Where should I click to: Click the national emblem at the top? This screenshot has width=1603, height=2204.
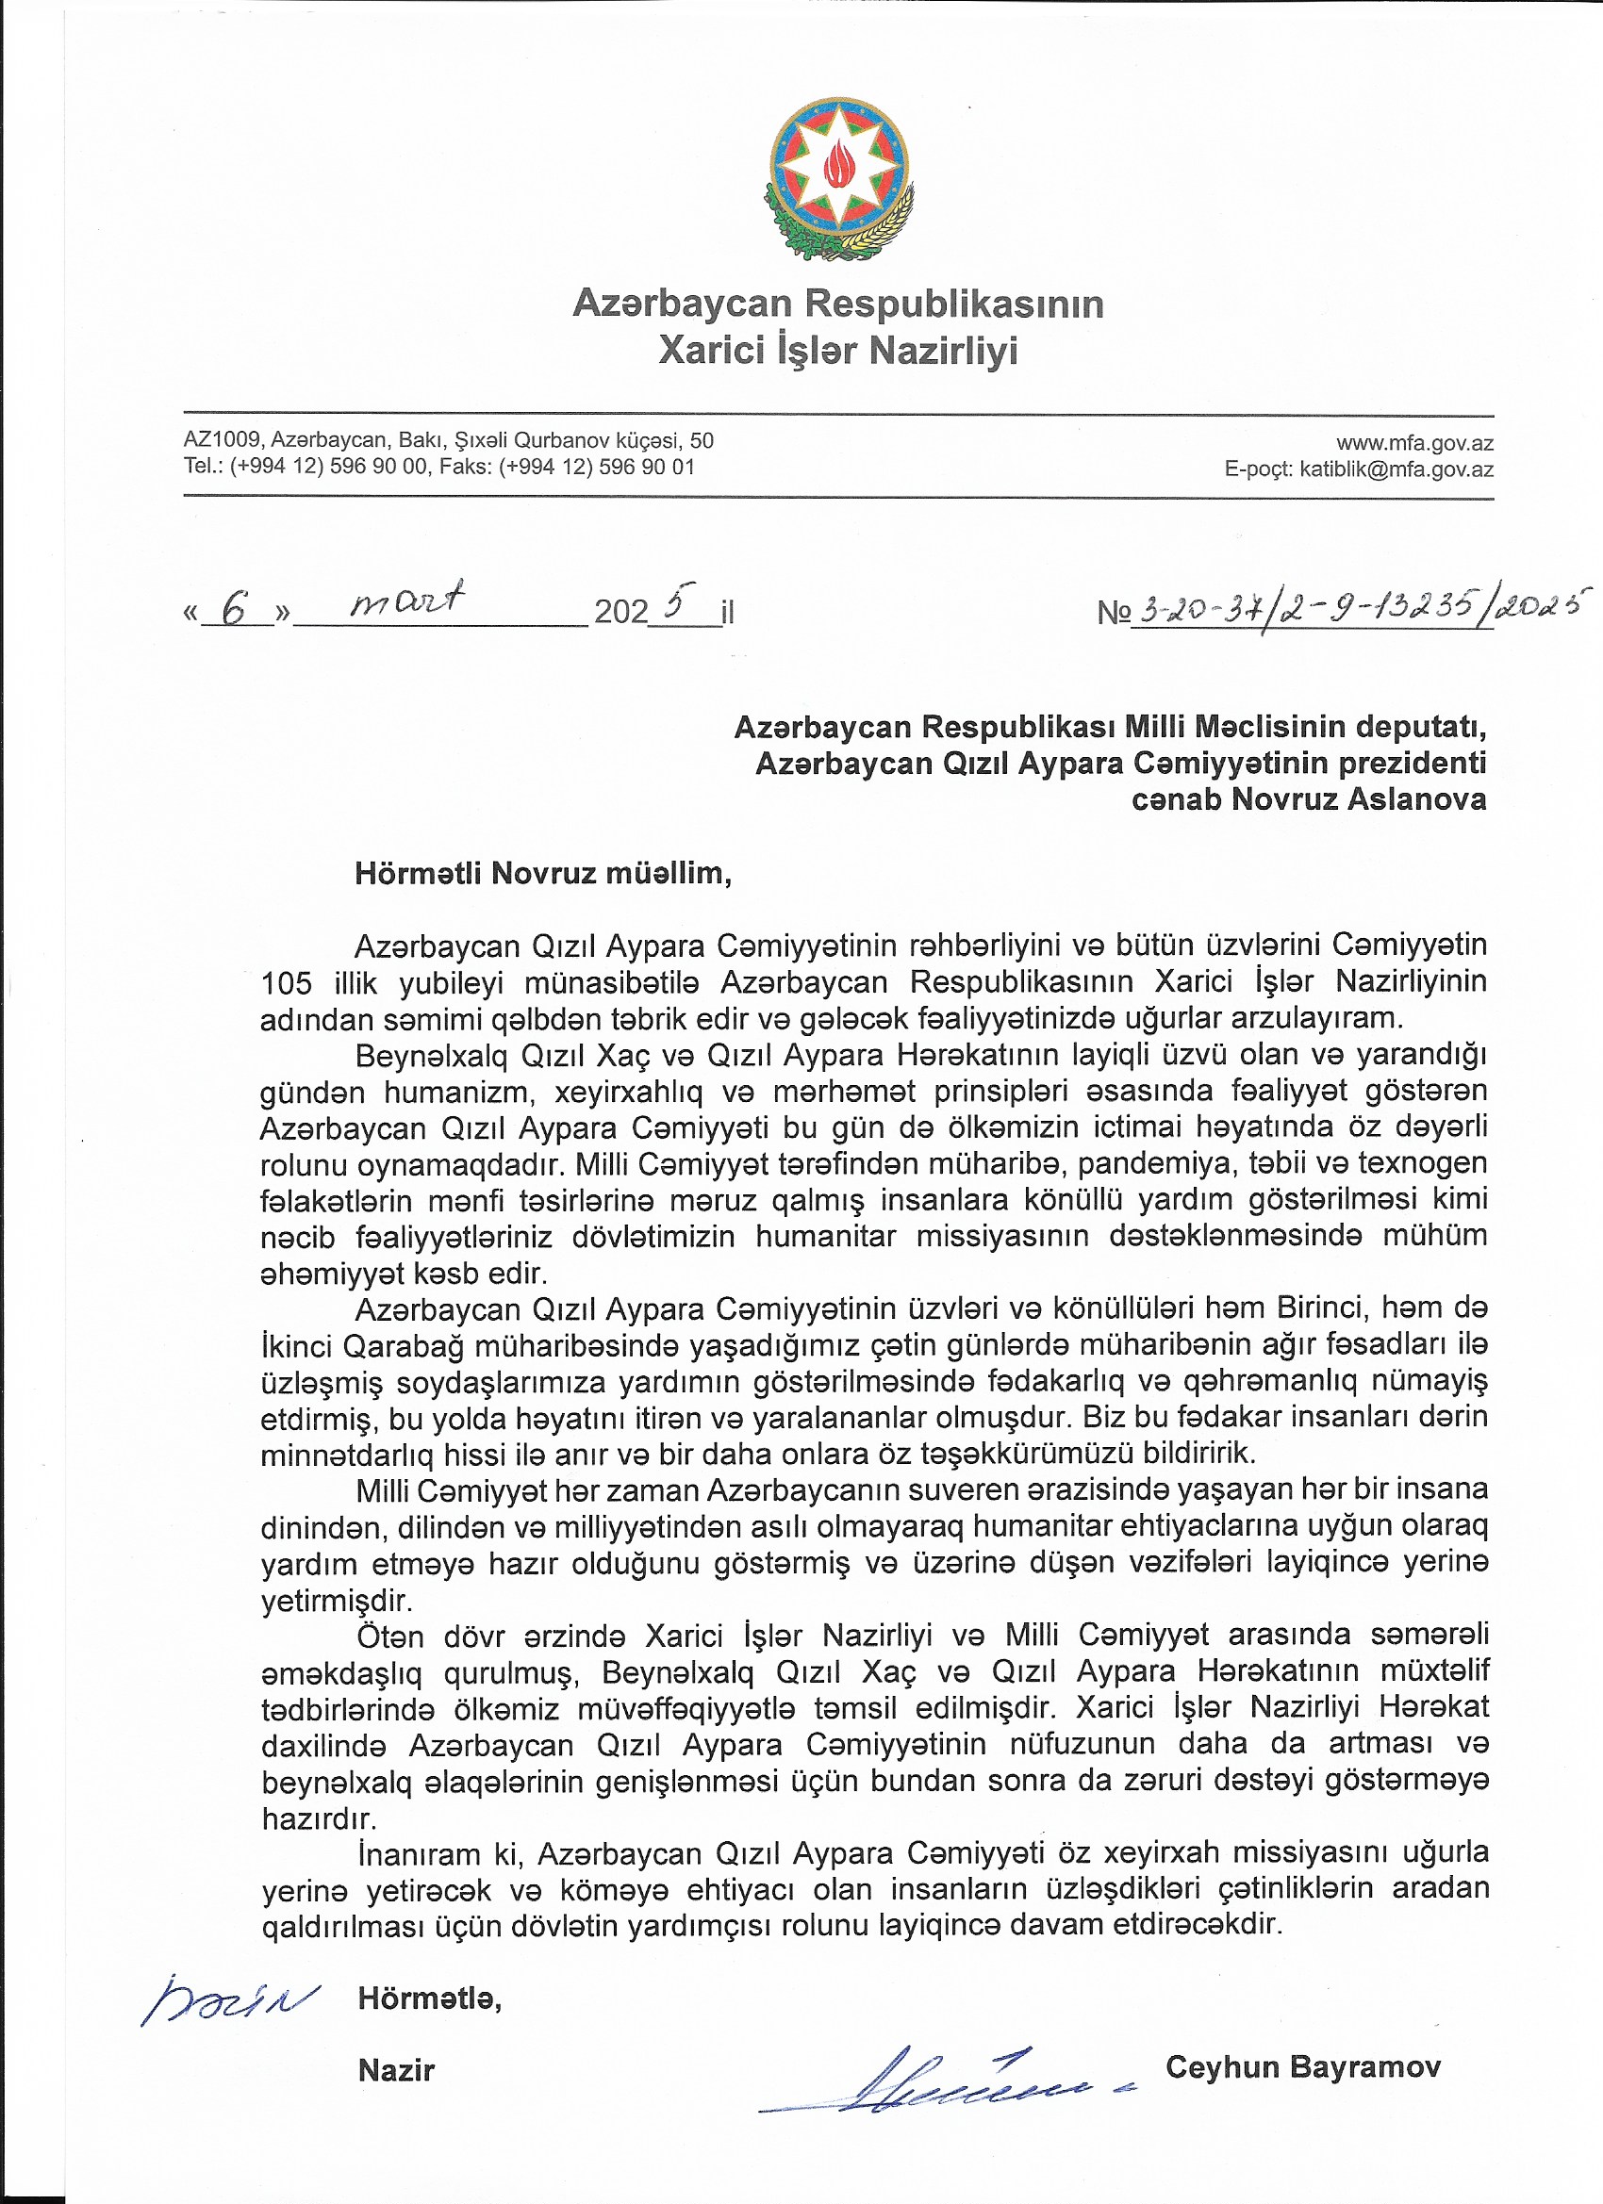coord(839,179)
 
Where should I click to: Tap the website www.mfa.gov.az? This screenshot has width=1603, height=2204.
coord(1413,444)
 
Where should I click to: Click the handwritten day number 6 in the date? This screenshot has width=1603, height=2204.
coord(234,609)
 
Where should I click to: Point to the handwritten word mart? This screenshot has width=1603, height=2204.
coord(407,600)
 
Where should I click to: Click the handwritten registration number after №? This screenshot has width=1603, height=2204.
coord(1361,609)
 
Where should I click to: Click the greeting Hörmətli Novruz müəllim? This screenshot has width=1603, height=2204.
coord(542,873)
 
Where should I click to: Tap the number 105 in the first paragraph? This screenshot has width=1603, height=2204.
coord(286,982)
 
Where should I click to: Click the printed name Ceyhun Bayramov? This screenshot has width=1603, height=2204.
coord(1302,2066)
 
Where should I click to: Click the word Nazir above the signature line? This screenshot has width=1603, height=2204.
coord(396,2070)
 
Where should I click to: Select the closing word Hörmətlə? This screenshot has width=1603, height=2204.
coord(429,1998)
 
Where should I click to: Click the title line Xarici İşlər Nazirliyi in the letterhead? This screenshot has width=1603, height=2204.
coord(838,350)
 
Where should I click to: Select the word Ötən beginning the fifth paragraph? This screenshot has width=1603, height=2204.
coord(389,1637)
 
